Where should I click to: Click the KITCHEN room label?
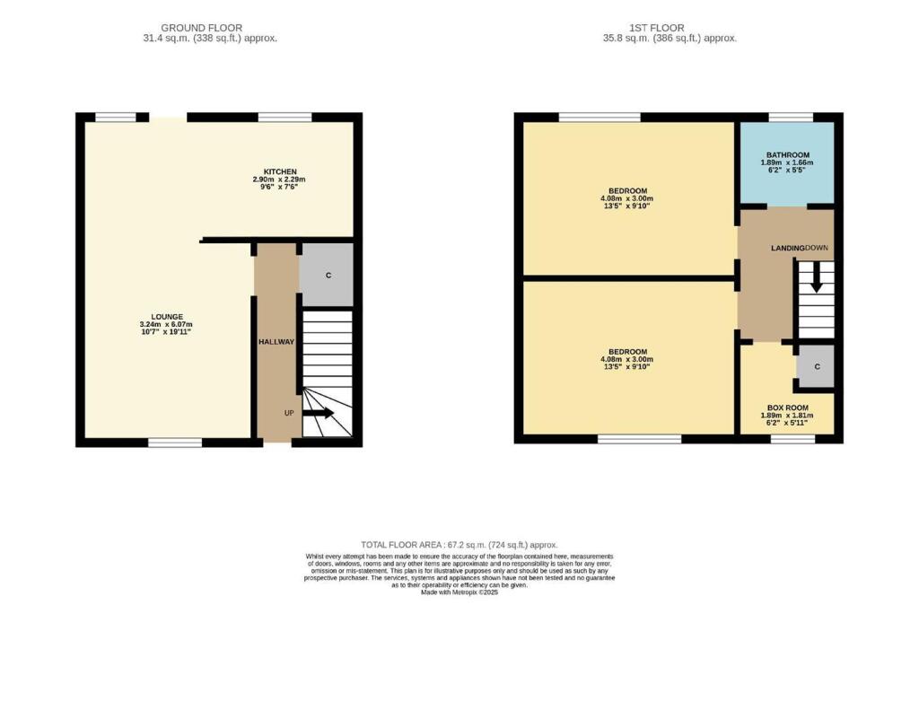(279, 171)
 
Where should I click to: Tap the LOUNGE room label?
(167, 317)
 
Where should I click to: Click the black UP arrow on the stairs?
(318, 414)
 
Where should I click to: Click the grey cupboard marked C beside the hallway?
(328, 275)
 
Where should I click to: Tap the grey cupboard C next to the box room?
(816, 367)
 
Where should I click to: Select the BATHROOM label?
(787, 154)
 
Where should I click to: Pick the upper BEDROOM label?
(626, 191)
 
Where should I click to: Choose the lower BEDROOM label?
(626, 352)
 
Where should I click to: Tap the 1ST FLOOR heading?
(670, 28)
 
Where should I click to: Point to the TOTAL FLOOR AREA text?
(459, 545)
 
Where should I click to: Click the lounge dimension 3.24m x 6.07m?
(167, 325)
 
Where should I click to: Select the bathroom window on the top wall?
(791, 117)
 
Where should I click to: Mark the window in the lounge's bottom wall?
(175, 442)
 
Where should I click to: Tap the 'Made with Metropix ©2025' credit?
(459, 592)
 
